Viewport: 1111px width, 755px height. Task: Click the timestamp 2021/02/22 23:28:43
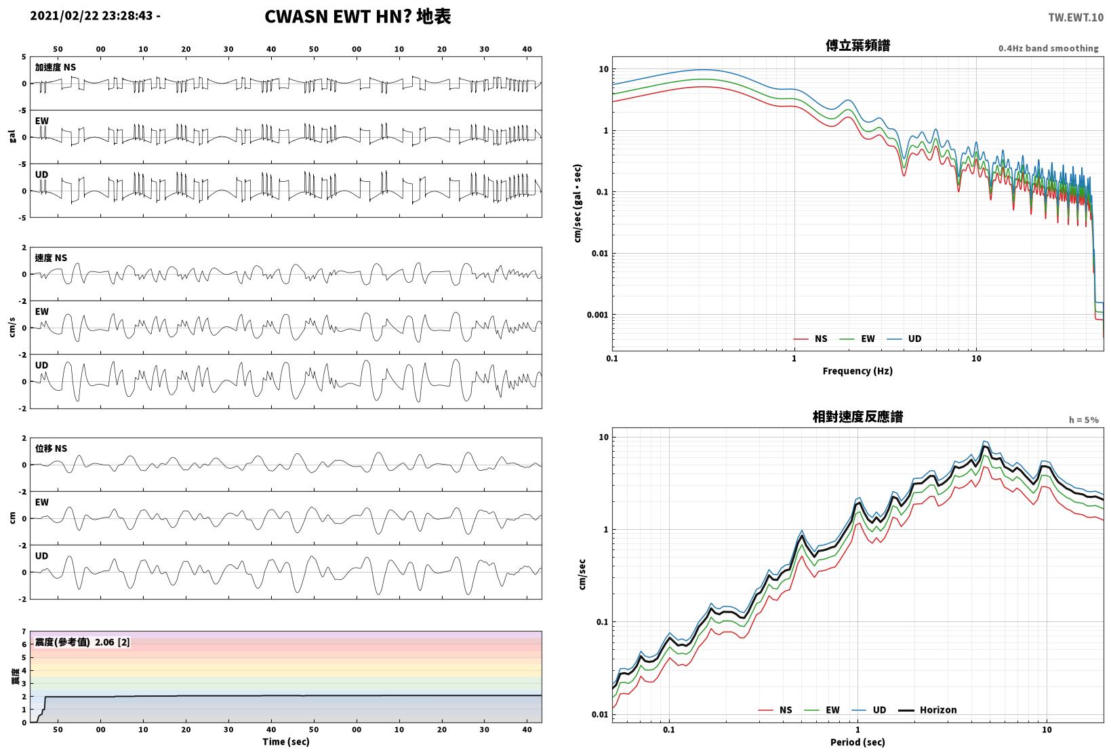pos(92,16)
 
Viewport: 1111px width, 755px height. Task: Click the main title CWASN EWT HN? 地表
pos(358,16)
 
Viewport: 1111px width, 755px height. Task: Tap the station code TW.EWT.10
pos(1076,18)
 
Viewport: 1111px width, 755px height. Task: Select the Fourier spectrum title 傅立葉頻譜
pos(857,45)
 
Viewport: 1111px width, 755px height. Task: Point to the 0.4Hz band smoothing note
pos(1049,48)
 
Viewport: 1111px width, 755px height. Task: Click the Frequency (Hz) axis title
pos(857,371)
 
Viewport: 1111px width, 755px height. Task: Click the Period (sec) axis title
pos(857,742)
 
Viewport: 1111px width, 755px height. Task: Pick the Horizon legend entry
pos(928,710)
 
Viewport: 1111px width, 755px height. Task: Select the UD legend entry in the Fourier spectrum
pos(904,338)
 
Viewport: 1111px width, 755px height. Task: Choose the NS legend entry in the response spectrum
pos(775,710)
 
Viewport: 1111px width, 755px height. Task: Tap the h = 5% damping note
pos(1084,420)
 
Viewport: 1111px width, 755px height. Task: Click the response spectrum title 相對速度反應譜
pos(857,417)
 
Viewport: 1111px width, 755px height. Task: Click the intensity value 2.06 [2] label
pos(112,642)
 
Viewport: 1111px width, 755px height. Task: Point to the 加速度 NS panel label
pos(55,67)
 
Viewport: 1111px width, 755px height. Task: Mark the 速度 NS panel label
pos(51,258)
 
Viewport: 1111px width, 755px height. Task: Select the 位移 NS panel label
pos(51,448)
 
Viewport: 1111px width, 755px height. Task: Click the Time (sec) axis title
pos(285,741)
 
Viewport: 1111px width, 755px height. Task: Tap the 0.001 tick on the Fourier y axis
pos(597,315)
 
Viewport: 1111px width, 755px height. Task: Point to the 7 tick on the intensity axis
pos(24,632)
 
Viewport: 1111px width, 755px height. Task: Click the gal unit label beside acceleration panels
pos(12,136)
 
